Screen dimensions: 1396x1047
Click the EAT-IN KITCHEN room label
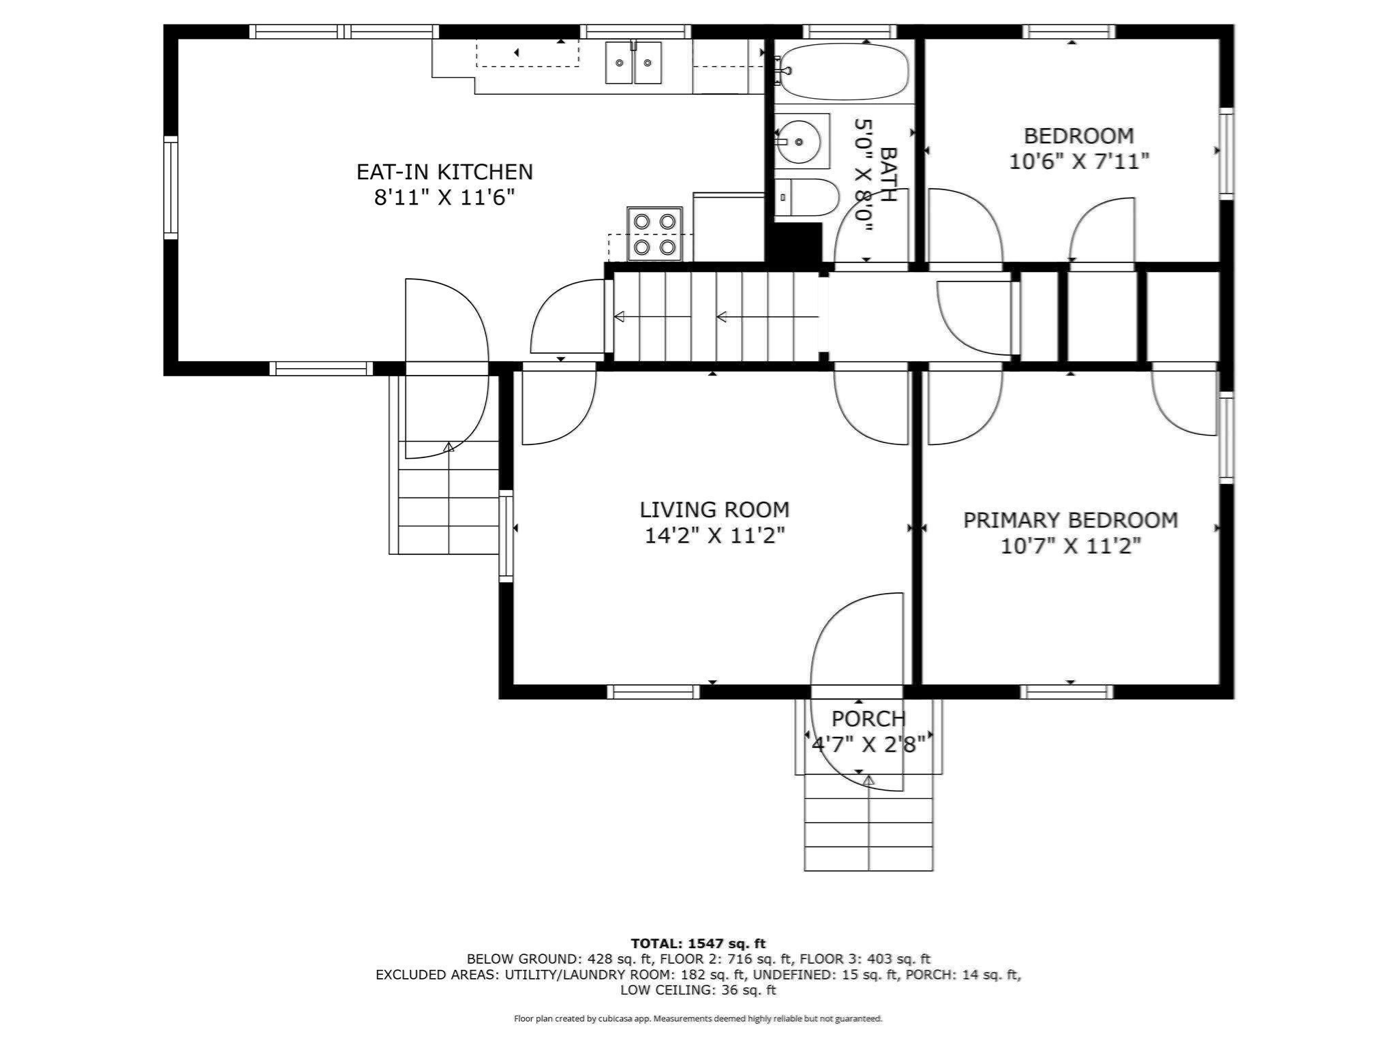pyautogui.click(x=444, y=172)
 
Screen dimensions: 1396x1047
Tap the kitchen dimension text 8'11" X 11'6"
pyautogui.click(x=444, y=198)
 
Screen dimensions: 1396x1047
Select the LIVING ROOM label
pyautogui.click(x=714, y=510)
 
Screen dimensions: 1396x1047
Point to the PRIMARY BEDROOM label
pyautogui.click(x=1070, y=520)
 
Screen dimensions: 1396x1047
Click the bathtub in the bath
pyautogui.click(x=844, y=70)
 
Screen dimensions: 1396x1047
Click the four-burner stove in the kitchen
pyautogui.click(x=654, y=234)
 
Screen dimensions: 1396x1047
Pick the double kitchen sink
pyautogui.click(x=633, y=63)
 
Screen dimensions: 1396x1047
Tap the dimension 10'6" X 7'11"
pyautogui.click(x=1079, y=162)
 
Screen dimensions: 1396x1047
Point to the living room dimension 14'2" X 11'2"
pyautogui.click(x=714, y=536)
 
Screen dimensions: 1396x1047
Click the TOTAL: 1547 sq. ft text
pyautogui.click(x=698, y=943)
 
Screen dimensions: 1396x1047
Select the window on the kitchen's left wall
pyautogui.click(x=170, y=187)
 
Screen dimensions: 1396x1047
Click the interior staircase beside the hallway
pyautogui.click(x=716, y=317)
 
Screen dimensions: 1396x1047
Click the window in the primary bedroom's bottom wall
pyautogui.click(x=1067, y=692)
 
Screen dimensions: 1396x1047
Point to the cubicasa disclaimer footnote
pyautogui.click(x=698, y=1018)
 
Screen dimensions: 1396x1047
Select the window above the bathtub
pyautogui.click(x=849, y=31)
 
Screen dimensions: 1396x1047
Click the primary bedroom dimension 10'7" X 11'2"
pyautogui.click(x=1070, y=546)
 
